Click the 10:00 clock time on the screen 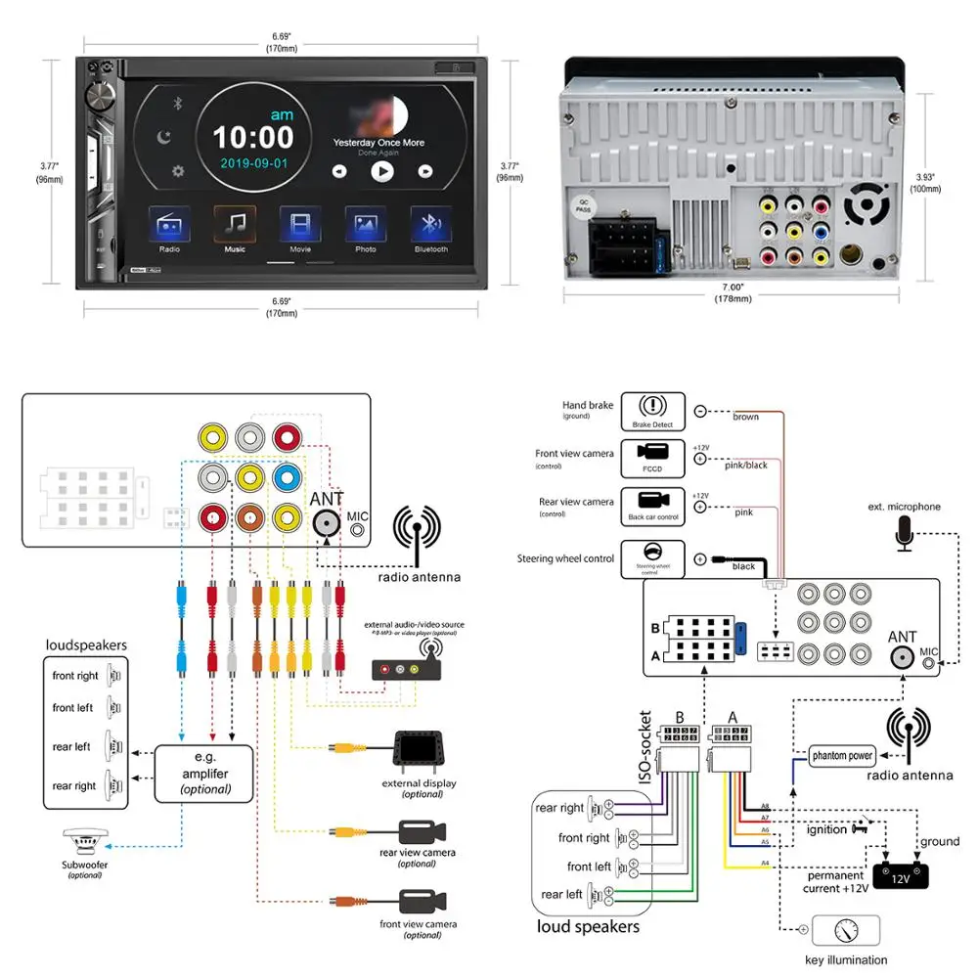(252, 136)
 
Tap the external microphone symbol (905, 533)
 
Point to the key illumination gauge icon (845, 930)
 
